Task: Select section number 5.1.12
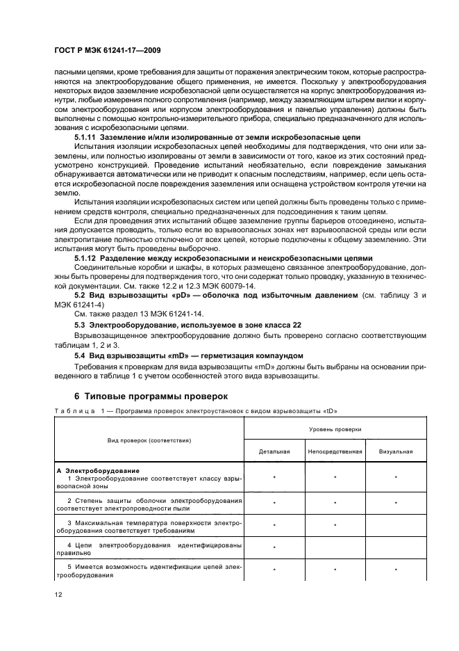tap(86, 257)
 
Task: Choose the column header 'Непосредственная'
tap(335, 451)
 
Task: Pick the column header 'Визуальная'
tap(396, 451)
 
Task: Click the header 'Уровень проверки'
tap(335, 430)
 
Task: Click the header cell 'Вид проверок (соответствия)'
tap(149, 440)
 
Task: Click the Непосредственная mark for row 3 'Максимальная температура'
tap(335, 524)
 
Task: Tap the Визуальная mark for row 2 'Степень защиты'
tap(396, 501)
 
